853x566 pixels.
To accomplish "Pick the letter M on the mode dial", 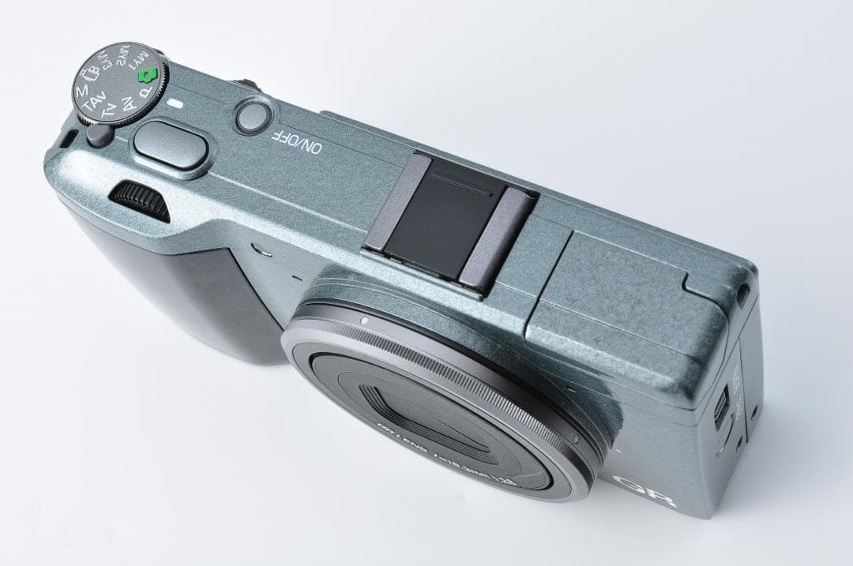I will [x=82, y=93].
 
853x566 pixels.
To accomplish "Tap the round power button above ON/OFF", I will [x=253, y=115].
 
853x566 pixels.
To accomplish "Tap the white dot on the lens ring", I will [x=363, y=320].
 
